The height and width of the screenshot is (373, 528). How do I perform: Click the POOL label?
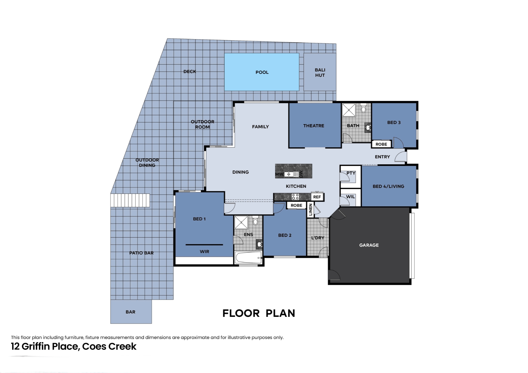262,72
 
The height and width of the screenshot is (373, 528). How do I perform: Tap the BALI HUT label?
320,73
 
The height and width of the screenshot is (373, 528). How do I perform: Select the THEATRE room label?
314,126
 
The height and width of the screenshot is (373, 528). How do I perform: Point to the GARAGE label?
369,245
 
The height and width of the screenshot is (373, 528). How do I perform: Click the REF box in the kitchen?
317,197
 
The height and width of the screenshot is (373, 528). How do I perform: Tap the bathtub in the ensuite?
249,258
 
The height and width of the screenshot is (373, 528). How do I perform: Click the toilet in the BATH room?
364,108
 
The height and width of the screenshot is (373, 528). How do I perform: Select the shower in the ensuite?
241,222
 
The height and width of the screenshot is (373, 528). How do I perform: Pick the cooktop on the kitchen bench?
295,197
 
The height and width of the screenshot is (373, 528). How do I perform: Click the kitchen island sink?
290,174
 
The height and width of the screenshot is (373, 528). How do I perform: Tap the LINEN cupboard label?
310,209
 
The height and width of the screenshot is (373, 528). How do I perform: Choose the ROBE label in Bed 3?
381,144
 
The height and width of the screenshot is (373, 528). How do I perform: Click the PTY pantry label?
351,173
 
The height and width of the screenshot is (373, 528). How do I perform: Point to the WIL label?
350,197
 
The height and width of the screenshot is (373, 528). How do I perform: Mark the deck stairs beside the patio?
130,200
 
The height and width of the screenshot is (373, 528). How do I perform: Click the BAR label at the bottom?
130,312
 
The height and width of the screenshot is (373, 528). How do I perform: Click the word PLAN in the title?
280,313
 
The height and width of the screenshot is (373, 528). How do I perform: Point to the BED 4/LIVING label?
389,186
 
